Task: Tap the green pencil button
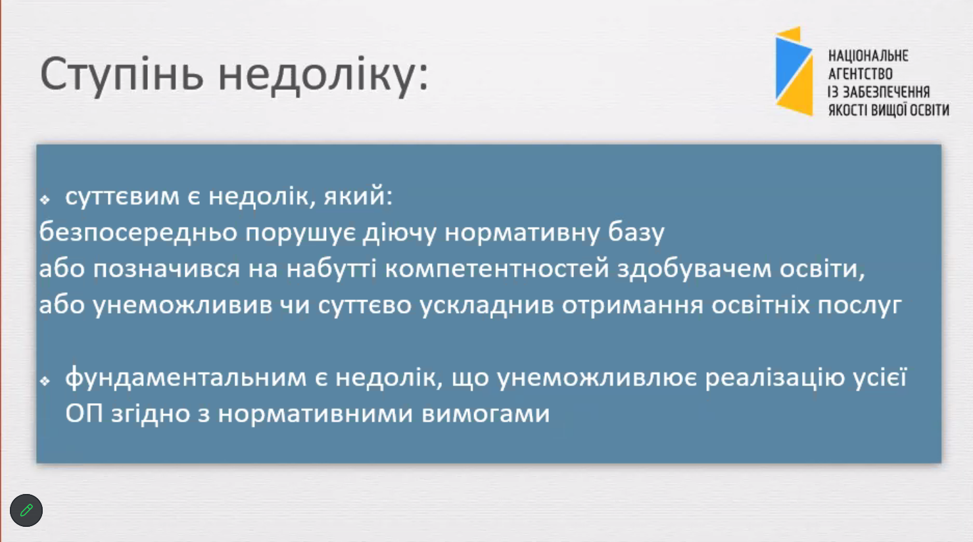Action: [x=26, y=510]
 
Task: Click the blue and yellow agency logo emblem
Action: [x=794, y=71]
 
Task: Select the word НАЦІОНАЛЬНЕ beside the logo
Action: [x=868, y=56]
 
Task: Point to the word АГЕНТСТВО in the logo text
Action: [x=861, y=74]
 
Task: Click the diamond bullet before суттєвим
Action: [x=45, y=199]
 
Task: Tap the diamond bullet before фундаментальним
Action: [x=45, y=381]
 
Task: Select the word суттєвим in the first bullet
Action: [x=122, y=197]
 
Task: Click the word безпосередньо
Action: [x=138, y=233]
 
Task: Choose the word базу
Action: [x=636, y=233]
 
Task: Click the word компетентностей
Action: [x=497, y=269]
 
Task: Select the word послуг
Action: [x=860, y=306]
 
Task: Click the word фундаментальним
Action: [x=186, y=378]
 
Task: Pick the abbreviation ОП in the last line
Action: [x=84, y=413]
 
